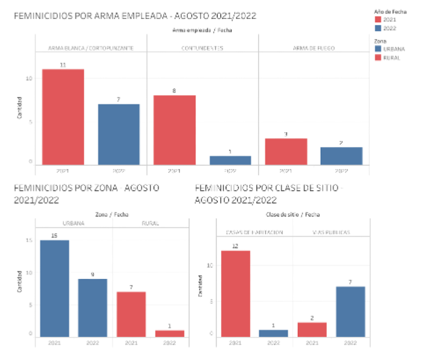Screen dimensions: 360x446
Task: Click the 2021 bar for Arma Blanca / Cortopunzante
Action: point(63,117)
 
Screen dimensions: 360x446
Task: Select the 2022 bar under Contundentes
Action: point(230,160)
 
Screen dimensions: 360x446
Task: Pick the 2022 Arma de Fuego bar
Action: point(341,156)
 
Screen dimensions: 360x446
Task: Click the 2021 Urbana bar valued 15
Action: point(54,287)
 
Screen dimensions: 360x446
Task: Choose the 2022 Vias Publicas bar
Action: point(350,311)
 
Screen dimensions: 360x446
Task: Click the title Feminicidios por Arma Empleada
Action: point(135,16)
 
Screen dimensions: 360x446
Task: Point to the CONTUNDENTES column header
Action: point(202,48)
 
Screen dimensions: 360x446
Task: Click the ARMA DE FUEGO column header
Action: point(313,48)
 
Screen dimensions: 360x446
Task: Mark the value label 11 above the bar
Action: point(63,65)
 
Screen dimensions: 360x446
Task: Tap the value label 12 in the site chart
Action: point(235,246)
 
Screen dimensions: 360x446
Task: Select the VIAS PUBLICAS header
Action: point(331,232)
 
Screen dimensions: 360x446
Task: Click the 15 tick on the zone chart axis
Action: point(30,240)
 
